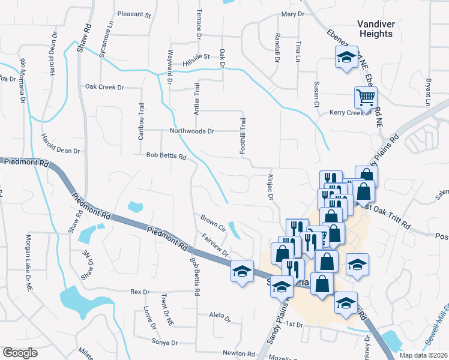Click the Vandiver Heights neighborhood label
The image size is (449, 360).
(375, 29)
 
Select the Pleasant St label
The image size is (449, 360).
(134, 14)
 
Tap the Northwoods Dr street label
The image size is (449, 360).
(192, 131)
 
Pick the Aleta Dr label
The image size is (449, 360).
(220, 316)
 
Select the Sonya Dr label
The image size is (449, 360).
(166, 343)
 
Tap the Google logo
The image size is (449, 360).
(20, 353)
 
